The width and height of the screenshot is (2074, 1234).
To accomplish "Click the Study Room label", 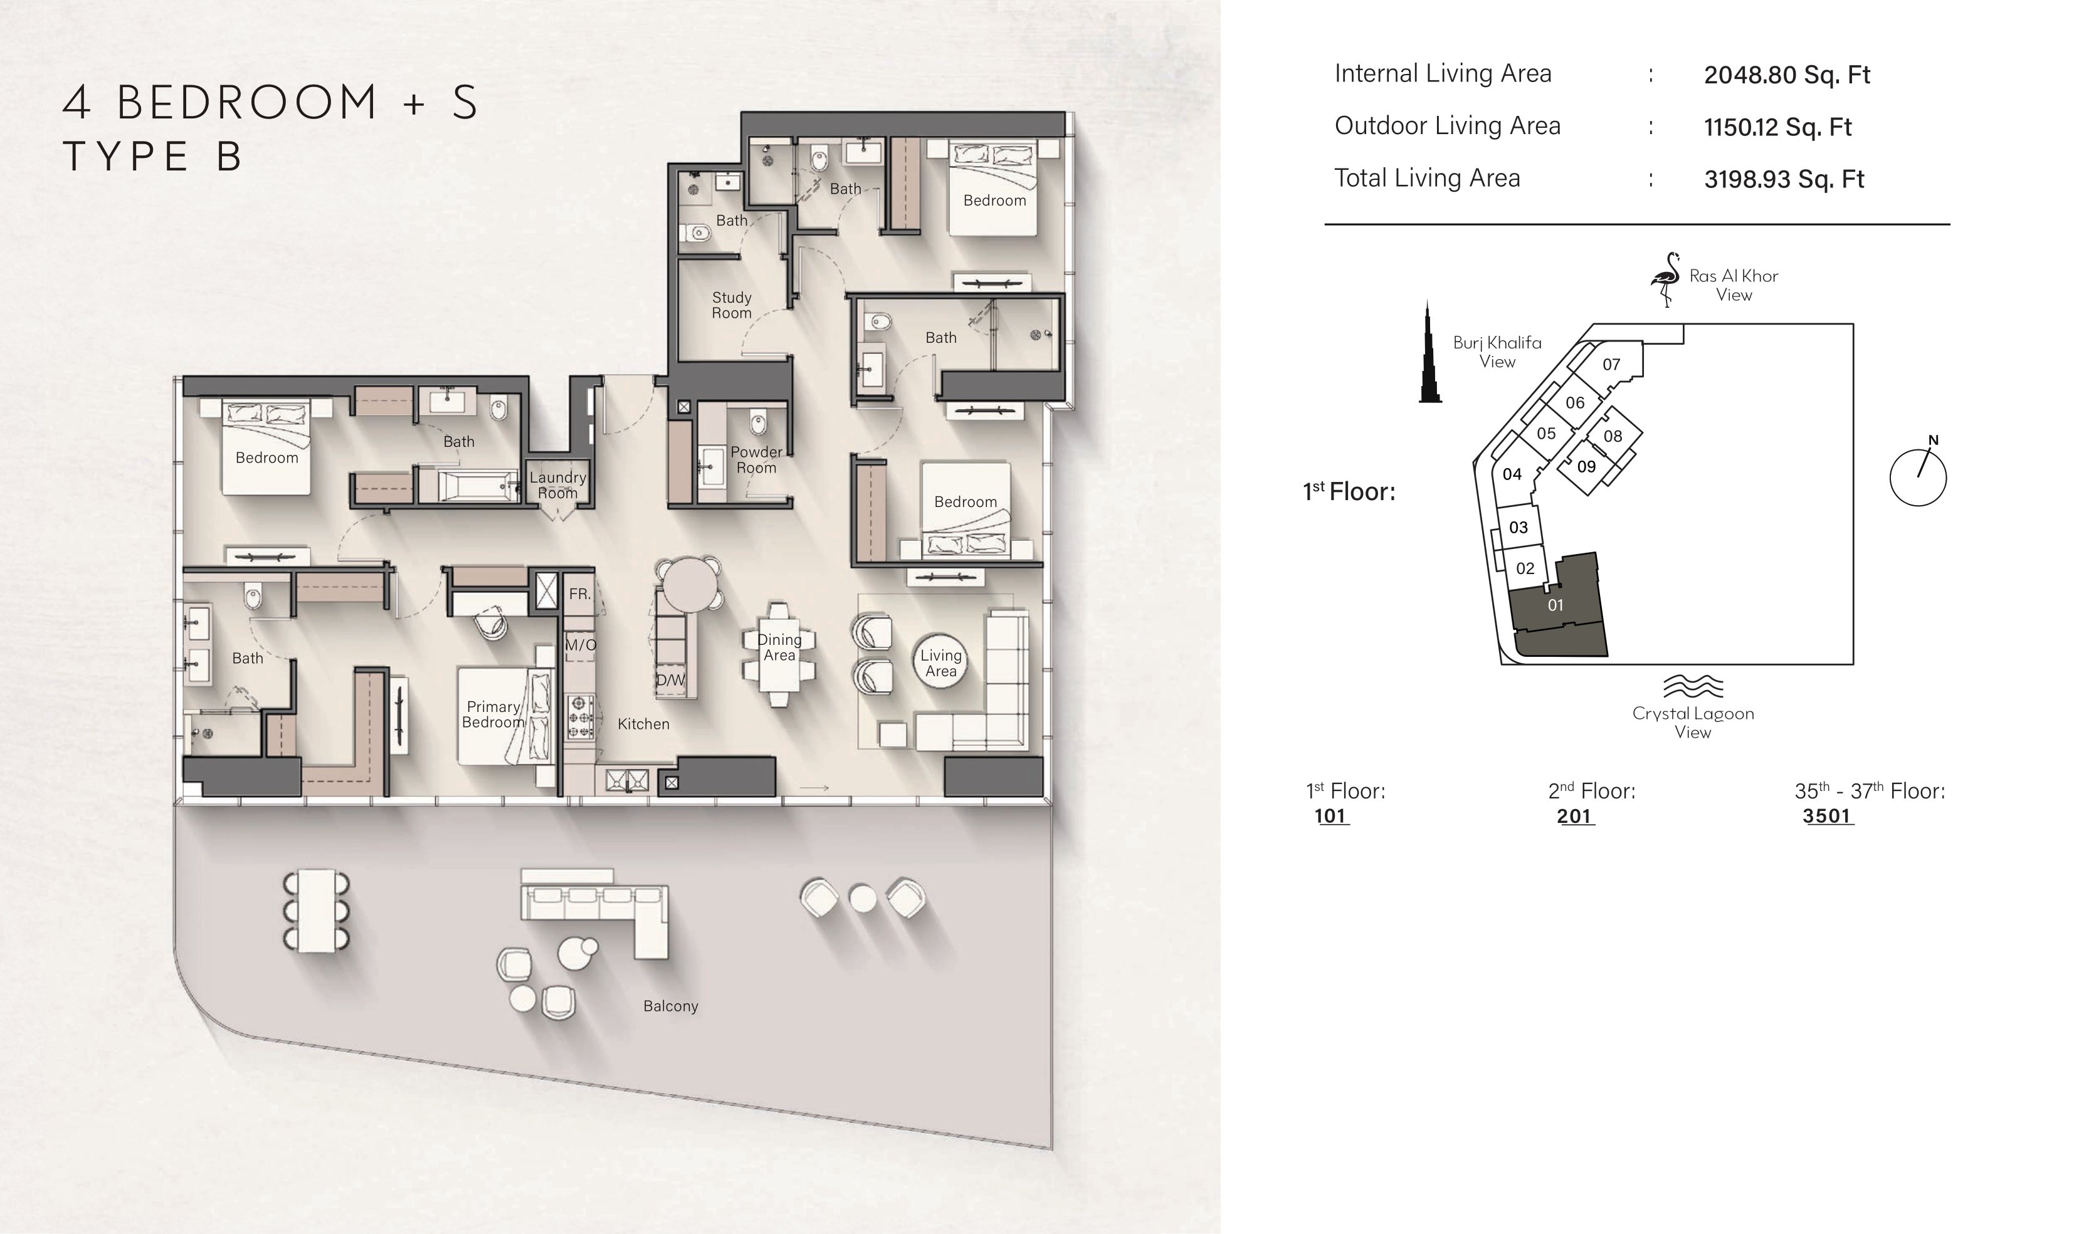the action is point(731,305).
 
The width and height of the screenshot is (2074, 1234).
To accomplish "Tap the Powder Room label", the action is point(756,460).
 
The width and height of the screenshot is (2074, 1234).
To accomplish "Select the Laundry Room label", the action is point(557,485).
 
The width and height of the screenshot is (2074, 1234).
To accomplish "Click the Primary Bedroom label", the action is point(493,714).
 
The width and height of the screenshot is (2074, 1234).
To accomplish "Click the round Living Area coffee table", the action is point(940,662).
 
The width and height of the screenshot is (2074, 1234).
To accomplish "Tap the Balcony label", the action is point(670,1006).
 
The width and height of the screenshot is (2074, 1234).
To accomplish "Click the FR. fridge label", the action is point(579,595).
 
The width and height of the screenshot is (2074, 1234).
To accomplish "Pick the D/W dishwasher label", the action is point(670,680).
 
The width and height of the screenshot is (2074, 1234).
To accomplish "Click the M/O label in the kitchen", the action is point(581,644).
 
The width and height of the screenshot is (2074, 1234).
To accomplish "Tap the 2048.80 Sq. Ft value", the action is point(1786,75).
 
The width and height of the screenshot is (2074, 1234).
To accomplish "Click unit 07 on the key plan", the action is point(1611,364).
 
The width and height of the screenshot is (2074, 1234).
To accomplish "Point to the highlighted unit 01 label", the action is point(1555,605).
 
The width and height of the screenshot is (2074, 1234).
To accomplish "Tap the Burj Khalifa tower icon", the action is point(1429,352).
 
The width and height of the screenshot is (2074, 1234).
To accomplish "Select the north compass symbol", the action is point(1918,476).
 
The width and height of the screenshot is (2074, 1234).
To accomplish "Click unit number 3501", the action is point(1827,816).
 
